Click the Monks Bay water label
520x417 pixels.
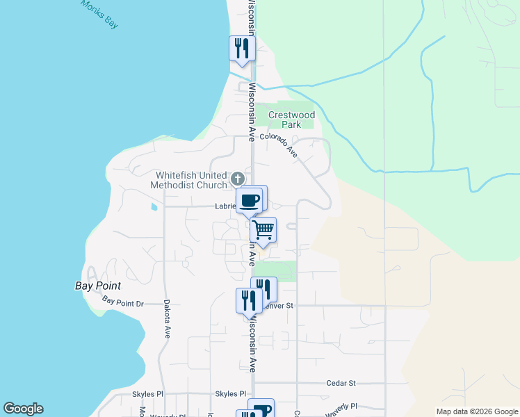coord(99,14)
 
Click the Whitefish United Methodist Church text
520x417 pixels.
coord(192,180)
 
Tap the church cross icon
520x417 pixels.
coord(238,178)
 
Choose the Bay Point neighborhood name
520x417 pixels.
coord(98,286)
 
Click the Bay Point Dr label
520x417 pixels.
coord(122,302)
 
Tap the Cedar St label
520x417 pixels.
coord(341,383)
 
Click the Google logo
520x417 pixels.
coord(23,409)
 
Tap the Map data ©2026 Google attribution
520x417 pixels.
coord(476,411)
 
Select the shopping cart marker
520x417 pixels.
coord(263,229)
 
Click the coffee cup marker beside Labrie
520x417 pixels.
coord(250,200)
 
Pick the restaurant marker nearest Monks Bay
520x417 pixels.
coord(241,48)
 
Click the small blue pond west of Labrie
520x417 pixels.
coord(154,206)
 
